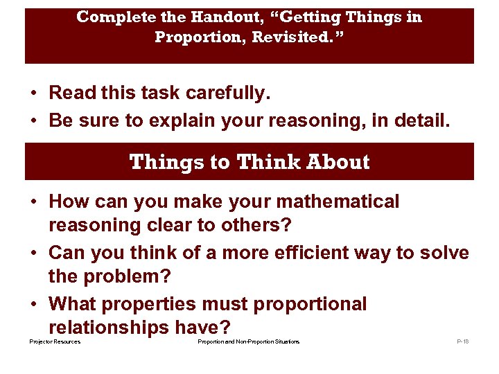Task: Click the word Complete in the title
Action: [108, 17]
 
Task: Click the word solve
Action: [441, 253]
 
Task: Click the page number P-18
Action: [462, 342]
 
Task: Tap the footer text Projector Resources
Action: [55, 342]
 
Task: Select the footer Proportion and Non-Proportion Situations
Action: [248, 342]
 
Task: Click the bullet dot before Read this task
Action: [33, 93]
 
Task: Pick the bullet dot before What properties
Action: [33, 305]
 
